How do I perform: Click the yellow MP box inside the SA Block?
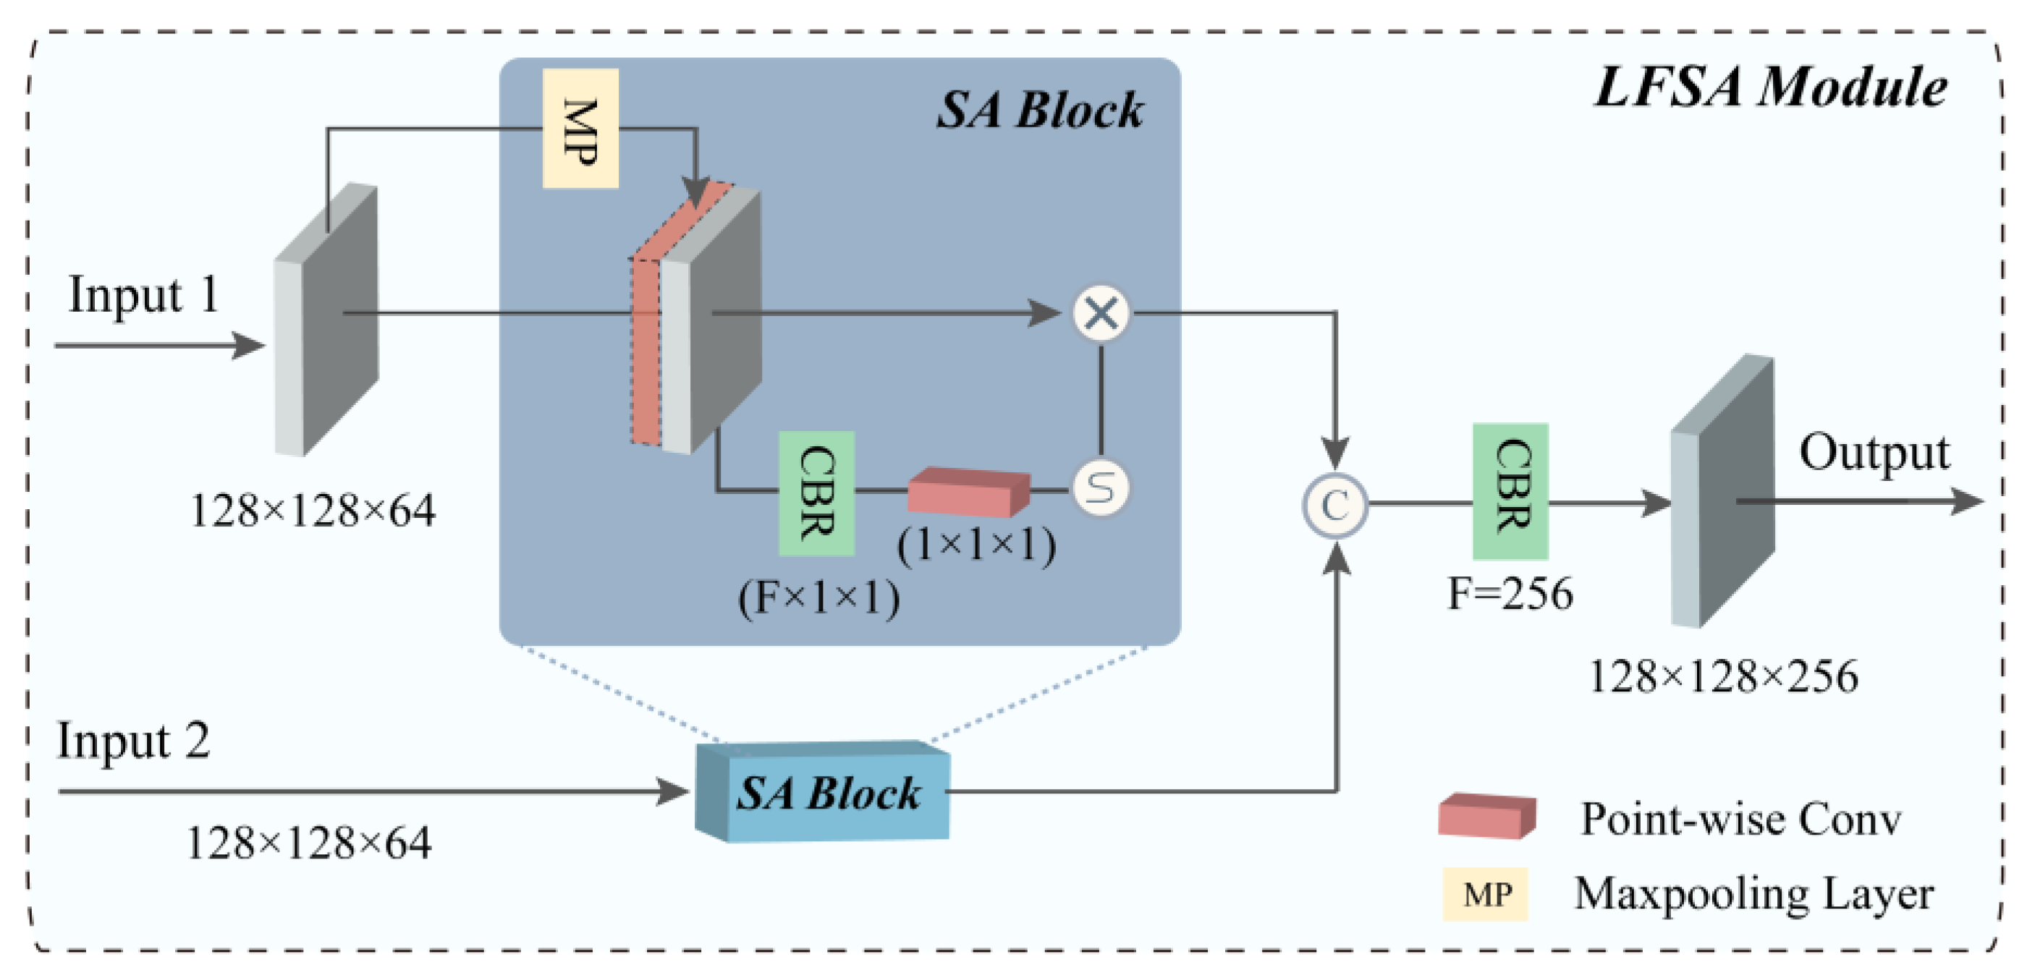(x=580, y=128)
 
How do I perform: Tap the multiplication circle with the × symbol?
(x=1101, y=314)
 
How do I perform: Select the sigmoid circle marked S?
(x=1101, y=488)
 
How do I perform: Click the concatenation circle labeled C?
(x=1334, y=506)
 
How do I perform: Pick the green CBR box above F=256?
(x=1510, y=491)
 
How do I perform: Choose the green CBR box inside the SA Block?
(x=817, y=493)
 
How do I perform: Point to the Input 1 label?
(x=143, y=295)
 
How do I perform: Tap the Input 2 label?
(x=134, y=741)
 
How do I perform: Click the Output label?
(x=1874, y=453)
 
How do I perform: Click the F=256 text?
(x=1510, y=593)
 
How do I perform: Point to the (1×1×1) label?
(x=976, y=543)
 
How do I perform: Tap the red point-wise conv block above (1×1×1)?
(x=969, y=492)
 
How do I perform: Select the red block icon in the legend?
(x=1486, y=816)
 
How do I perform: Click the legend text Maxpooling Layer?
(x=1753, y=894)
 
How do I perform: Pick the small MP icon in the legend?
(x=1486, y=894)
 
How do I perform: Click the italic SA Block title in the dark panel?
(x=1039, y=109)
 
